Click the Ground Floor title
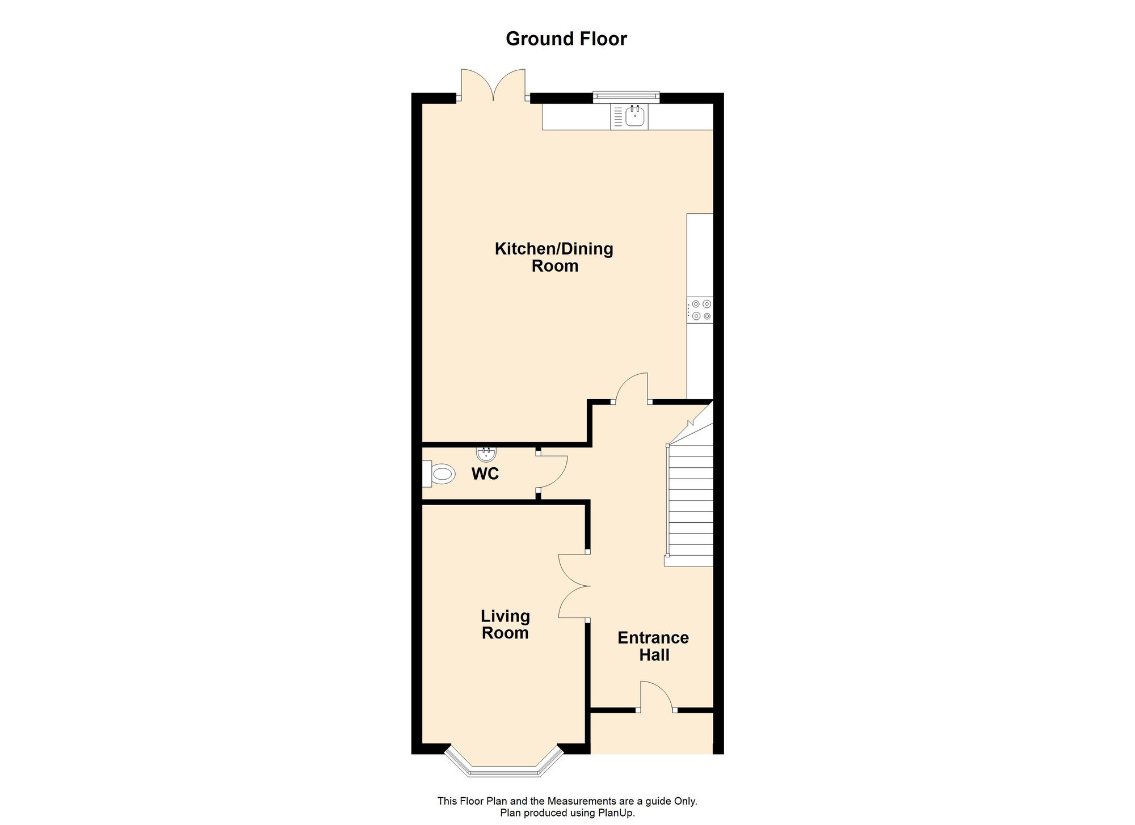(566, 39)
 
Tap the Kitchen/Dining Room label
(554, 257)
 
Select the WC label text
(485, 473)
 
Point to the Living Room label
(505, 624)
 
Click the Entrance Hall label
(653, 646)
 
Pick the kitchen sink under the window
(634, 117)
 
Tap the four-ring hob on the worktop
(701, 310)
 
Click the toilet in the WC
(441, 473)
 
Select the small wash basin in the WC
(486, 454)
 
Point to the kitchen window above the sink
(627, 96)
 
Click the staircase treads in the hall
(691, 505)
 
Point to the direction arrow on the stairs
(691, 423)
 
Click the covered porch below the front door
(651, 733)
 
